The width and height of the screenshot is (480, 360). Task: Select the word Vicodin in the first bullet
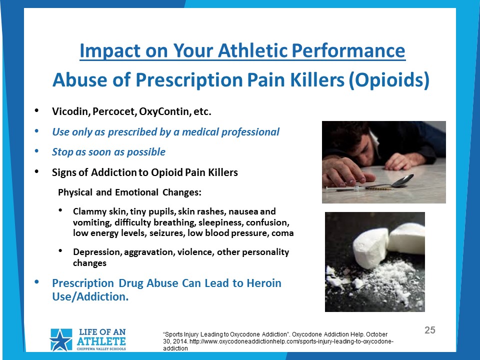pos(70,111)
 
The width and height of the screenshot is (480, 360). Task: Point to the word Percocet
pos(114,111)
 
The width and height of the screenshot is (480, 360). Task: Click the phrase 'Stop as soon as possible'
pos(108,152)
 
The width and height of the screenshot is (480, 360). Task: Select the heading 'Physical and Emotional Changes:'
pos(130,192)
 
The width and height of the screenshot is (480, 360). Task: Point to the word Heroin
pos(264,283)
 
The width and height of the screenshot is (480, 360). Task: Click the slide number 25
pos(430,330)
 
